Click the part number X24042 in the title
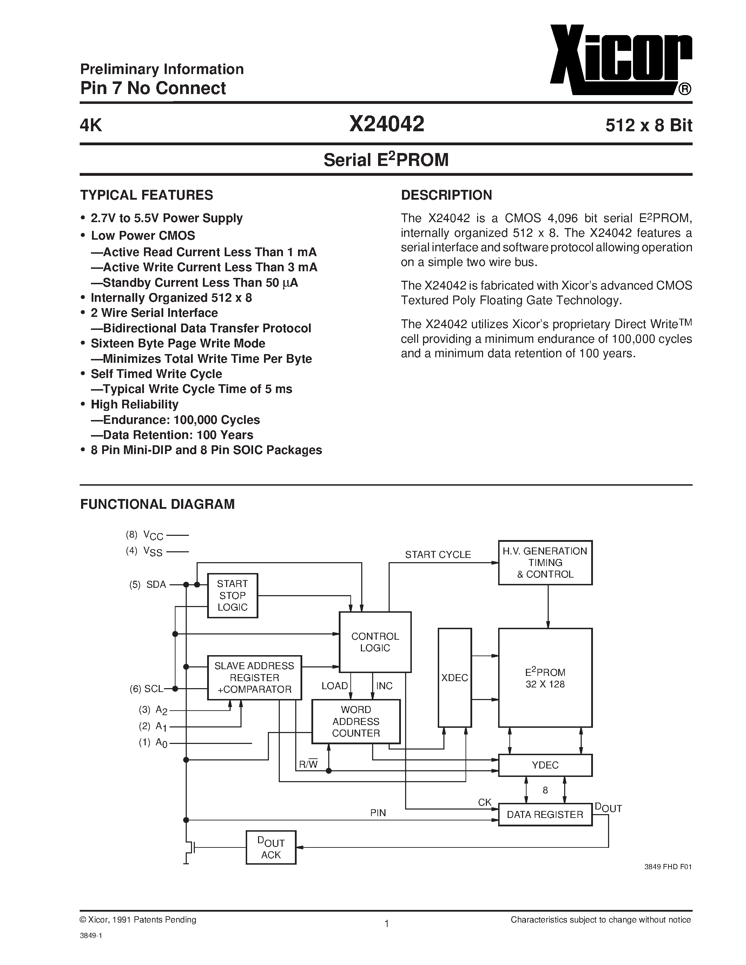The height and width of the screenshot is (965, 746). (387, 124)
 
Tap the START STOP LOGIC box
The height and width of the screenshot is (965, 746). (232, 595)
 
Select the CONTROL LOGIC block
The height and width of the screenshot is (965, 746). (375, 642)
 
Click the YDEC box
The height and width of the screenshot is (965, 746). (545, 765)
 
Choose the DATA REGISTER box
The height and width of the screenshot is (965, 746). (545, 814)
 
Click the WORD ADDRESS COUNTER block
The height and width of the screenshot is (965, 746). (356, 721)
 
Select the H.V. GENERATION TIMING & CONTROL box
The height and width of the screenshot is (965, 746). (545, 563)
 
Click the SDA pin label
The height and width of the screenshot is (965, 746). (156, 585)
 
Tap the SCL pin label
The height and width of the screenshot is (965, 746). (153, 688)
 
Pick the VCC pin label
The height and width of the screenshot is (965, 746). (153, 535)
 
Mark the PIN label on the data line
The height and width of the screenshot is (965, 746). (378, 813)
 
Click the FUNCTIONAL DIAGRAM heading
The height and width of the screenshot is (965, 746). (157, 504)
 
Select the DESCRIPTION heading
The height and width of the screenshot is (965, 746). (446, 195)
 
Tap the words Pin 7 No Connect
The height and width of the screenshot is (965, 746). (153, 88)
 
